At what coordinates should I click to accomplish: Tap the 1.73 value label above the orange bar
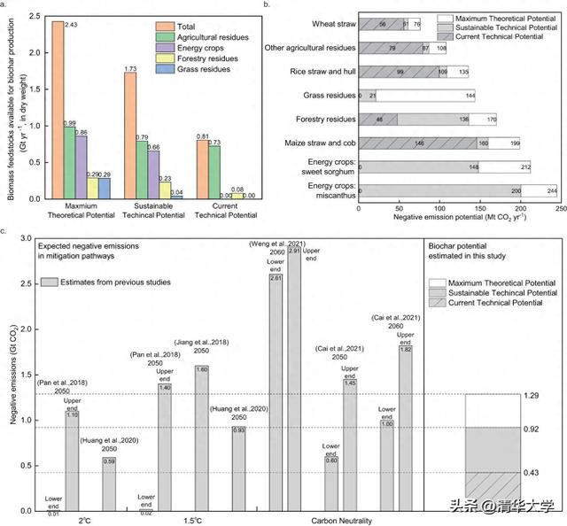pyautogui.click(x=130, y=67)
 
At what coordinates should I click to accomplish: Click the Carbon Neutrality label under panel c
pyautogui.click(x=342, y=521)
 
